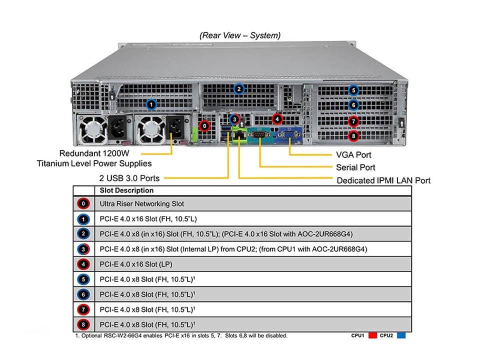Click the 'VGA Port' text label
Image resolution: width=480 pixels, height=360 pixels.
(x=354, y=155)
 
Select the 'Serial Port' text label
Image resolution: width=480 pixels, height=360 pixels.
(x=355, y=167)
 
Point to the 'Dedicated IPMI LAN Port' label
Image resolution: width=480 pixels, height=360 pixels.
(x=383, y=180)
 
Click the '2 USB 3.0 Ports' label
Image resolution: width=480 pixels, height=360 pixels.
(x=129, y=178)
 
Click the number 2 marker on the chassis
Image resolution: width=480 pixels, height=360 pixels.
(x=239, y=89)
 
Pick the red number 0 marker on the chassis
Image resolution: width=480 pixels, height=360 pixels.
(x=204, y=125)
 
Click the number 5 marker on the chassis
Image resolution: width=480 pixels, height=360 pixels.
(x=353, y=90)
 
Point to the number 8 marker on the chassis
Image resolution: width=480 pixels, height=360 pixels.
(x=353, y=135)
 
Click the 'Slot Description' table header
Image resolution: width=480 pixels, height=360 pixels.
(x=126, y=190)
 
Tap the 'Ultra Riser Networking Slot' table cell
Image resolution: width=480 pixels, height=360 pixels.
(x=142, y=203)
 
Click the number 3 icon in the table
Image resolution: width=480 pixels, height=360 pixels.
(x=83, y=248)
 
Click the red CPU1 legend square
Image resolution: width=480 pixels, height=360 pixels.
(x=372, y=336)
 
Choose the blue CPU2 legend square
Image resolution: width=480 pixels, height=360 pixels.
(x=401, y=336)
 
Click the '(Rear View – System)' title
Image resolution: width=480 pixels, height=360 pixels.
(x=240, y=35)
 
